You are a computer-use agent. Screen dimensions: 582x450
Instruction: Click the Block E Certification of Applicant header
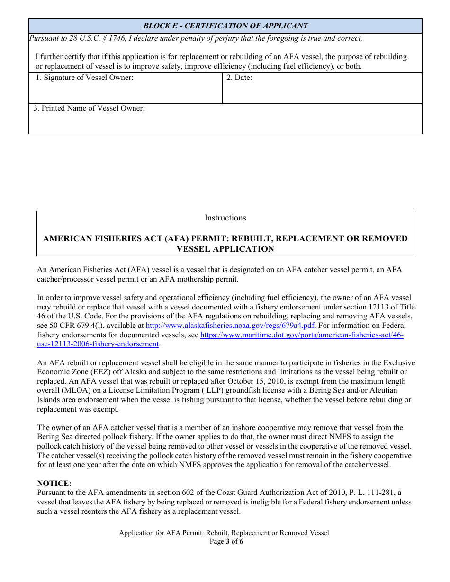click(225, 26)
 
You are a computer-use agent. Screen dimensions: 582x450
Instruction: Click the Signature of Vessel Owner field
click(126, 90)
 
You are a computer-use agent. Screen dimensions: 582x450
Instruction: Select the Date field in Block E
click(322, 90)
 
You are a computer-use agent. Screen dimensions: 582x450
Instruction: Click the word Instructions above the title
click(225, 218)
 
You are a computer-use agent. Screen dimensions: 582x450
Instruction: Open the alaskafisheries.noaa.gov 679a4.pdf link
click(230, 326)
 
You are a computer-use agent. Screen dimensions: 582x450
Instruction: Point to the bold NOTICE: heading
click(54, 484)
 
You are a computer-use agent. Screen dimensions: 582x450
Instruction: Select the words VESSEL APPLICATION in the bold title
click(225, 249)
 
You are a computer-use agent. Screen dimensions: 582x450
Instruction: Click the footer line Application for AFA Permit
click(224, 533)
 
